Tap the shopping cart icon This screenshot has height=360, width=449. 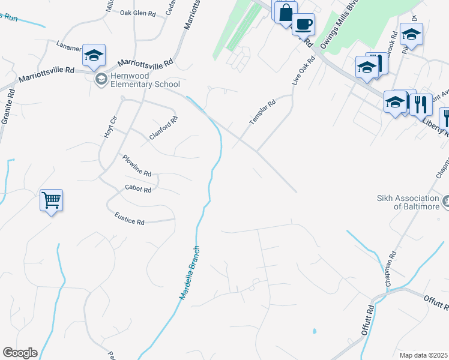coord(52,200)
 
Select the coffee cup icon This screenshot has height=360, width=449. coord(303,24)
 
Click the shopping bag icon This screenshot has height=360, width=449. coord(285,11)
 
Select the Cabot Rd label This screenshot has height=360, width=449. coord(138,189)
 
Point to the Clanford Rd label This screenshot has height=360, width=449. coord(164,128)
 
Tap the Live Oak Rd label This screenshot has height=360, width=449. coord(303,71)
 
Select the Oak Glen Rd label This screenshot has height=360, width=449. coord(137,12)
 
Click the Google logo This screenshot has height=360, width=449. coord(20,353)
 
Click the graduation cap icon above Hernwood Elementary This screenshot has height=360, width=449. coord(94,55)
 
